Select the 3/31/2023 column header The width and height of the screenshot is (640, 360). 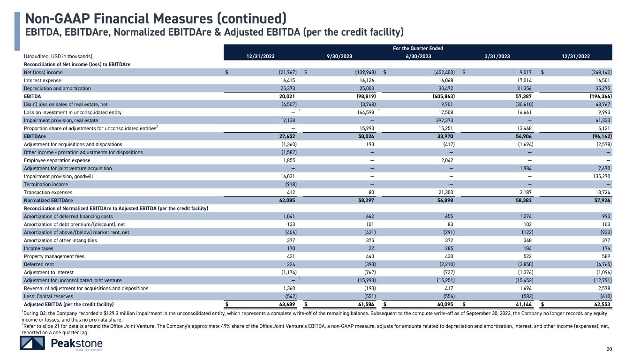[x=497, y=56]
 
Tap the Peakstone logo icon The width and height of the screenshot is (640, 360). [x=32, y=344]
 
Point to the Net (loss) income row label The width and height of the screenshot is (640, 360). [x=43, y=73]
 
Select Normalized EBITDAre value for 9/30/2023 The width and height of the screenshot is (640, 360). [x=364, y=200]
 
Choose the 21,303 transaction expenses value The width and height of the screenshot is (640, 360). [x=444, y=192]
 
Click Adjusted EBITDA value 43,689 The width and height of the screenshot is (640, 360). [x=286, y=304]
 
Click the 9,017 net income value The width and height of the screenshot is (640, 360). [x=526, y=73]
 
